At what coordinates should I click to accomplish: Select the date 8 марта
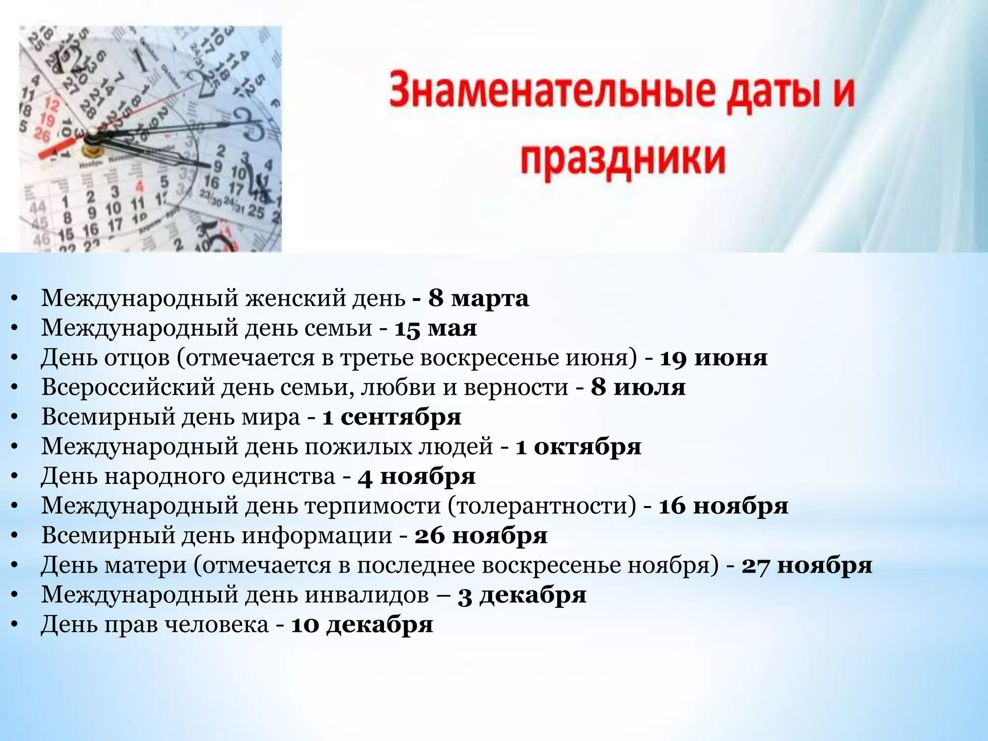pyautogui.click(x=478, y=299)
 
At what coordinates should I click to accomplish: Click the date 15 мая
pyautogui.click(x=436, y=329)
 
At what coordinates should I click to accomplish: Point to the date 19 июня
pyautogui.click(x=714, y=358)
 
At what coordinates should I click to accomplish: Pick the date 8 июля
pyautogui.click(x=638, y=387)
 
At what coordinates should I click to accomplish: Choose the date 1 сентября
pyautogui.click(x=391, y=417)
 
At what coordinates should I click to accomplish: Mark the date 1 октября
pyautogui.click(x=578, y=447)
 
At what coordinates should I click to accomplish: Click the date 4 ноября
pyautogui.click(x=416, y=477)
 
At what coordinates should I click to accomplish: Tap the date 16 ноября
pyautogui.click(x=723, y=506)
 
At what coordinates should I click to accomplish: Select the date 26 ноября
pyautogui.click(x=480, y=536)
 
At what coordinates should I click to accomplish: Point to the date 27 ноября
pyautogui.click(x=807, y=565)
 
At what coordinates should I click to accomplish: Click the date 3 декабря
pyautogui.click(x=522, y=595)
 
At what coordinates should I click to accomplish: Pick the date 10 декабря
pyautogui.click(x=362, y=625)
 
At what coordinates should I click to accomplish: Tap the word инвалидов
pyautogui.click(x=367, y=595)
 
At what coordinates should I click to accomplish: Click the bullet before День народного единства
pyautogui.click(x=14, y=477)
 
